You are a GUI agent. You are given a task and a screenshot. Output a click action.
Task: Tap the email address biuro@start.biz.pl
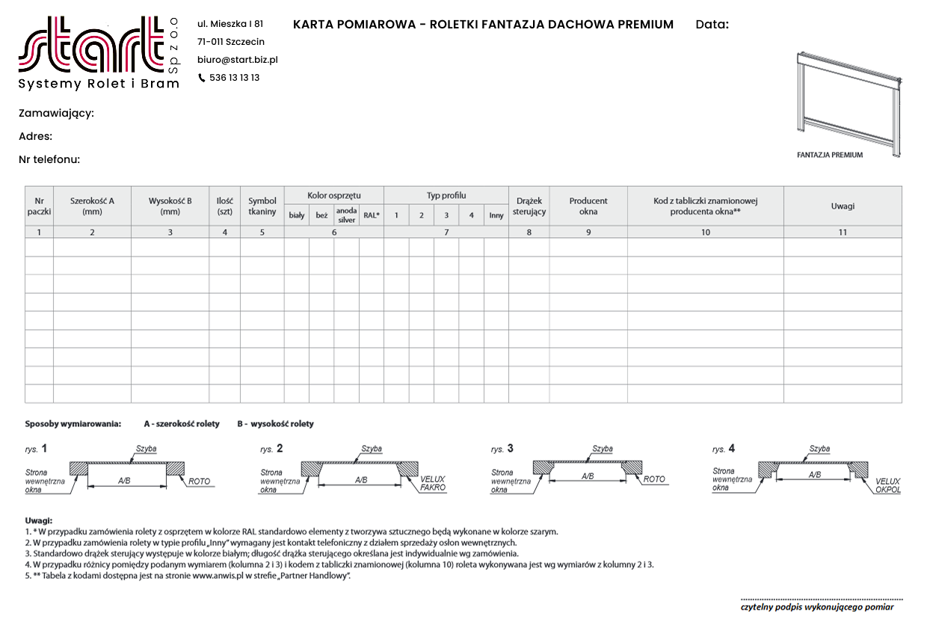click(x=237, y=60)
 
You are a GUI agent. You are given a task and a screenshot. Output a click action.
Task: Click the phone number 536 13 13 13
click(x=234, y=78)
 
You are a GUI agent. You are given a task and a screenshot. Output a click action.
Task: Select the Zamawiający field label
click(x=56, y=114)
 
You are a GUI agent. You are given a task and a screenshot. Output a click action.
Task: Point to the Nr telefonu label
click(x=49, y=159)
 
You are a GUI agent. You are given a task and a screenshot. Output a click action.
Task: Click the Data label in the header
click(x=712, y=25)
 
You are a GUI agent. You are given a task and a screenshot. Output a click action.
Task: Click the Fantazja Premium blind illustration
click(x=849, y=104)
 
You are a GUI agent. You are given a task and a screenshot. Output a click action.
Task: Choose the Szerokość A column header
click(x=92, y=206)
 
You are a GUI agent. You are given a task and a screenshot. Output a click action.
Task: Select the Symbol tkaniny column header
click(x=262, y=206)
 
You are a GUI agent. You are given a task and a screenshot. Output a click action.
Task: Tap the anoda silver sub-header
click(x=346, y=215)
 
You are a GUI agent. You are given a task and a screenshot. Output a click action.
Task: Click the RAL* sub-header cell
click(x=372, y=215)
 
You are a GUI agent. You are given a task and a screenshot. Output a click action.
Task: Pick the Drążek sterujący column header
click(x=529, y=206)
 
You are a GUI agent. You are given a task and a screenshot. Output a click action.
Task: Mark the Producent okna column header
click(x=588, y=206)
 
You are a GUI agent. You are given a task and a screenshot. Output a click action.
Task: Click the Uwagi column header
click(x=843, y=206)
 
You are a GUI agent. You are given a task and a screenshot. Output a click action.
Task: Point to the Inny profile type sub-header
click(x=496, y=215)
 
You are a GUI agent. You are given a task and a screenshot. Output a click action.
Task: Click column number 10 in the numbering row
click(x=705, y=233)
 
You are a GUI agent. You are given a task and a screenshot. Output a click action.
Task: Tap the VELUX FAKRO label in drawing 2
click(x=433, y=483)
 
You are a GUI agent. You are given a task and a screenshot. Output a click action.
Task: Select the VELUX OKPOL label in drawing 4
click(x=888, y=485)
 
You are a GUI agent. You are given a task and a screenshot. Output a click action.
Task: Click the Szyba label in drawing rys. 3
click(x=603, y=449)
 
